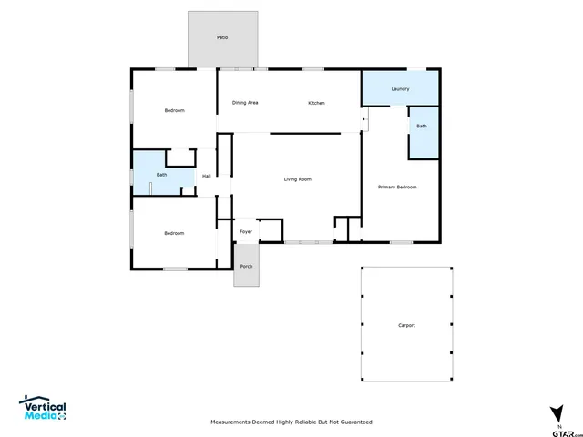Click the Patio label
coord(222,37)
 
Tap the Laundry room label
coord(400,89)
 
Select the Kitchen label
coord(316,103)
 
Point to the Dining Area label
coord(245,103)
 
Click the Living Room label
coord(298,179)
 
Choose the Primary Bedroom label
coord(397,187)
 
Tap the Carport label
coord(406,325)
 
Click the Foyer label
coord(246,232)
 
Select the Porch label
coord(246,266)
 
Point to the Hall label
coord(207,176)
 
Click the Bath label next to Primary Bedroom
coord(422,126)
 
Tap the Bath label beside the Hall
coord(161,175)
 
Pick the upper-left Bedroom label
coord(174,111)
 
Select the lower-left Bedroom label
coord(174,233)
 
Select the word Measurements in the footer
coord(233,422)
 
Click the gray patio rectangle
coord(222,50)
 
